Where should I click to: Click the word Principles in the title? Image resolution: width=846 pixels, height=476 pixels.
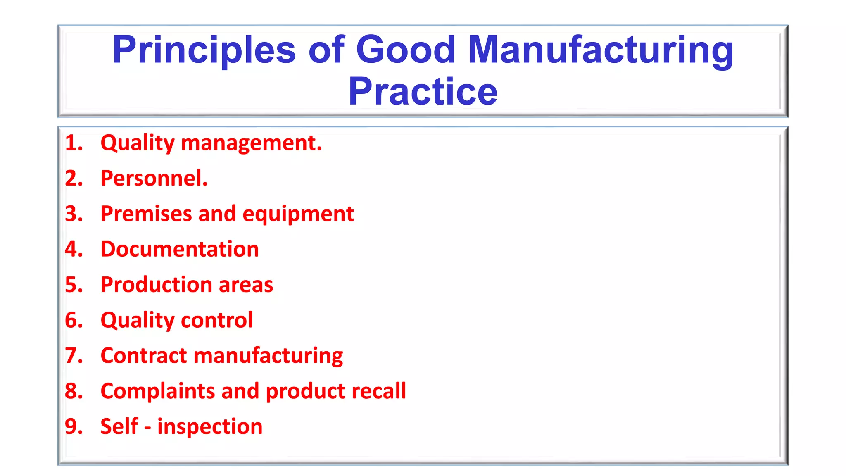[x=204, y=50]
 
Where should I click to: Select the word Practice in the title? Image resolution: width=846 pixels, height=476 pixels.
[x=423, y=92]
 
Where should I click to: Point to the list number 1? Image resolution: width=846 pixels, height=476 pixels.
[x=74, y=143]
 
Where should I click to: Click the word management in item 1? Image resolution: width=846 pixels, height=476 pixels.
[x=251, y=143]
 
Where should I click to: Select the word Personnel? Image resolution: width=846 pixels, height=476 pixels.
[x=154, y=178]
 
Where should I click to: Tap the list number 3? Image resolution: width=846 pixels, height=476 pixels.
[x=74, y=214]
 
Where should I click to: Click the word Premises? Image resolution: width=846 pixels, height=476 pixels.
[x=146, y=214]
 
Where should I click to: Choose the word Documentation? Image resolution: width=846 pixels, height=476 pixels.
[x=180, y=249]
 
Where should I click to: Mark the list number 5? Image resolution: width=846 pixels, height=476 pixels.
[x=74, y=285]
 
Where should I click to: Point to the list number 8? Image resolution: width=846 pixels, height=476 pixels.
[x=74, y=391]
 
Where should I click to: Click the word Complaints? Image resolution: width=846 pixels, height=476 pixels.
[x=157, y=391]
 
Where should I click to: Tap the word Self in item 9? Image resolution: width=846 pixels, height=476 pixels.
[x=119, y=426]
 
